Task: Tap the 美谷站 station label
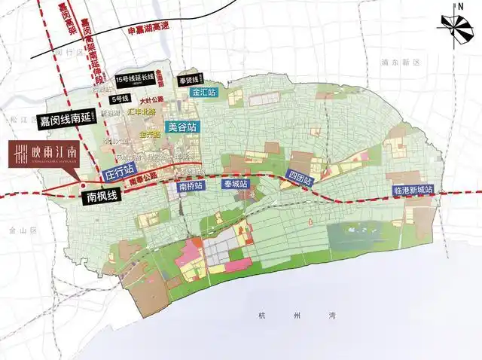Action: coord(182,127)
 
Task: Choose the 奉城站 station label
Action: coord(234,184)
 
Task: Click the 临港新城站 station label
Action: coord(413,191)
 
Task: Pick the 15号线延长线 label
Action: coord(136,78)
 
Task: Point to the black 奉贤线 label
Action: coord(188,80)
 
